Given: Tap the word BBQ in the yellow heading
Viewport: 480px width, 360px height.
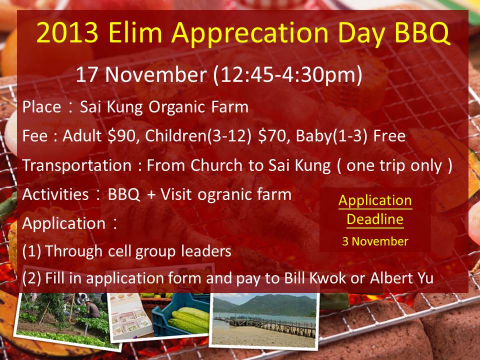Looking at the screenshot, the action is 422,33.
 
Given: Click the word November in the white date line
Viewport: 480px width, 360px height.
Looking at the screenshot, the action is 156,74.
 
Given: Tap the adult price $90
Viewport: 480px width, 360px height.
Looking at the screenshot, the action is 121,135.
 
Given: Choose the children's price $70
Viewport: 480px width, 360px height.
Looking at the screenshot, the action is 272,135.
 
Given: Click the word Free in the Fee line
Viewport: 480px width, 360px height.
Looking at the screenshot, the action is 389,135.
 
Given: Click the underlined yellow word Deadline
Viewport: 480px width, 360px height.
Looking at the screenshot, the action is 375,219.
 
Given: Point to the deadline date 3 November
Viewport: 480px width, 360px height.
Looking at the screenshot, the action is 375,241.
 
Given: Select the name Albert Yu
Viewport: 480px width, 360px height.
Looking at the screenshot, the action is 401,277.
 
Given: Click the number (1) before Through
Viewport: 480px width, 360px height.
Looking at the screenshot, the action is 31,251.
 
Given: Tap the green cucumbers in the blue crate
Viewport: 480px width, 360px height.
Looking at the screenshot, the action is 189,320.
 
